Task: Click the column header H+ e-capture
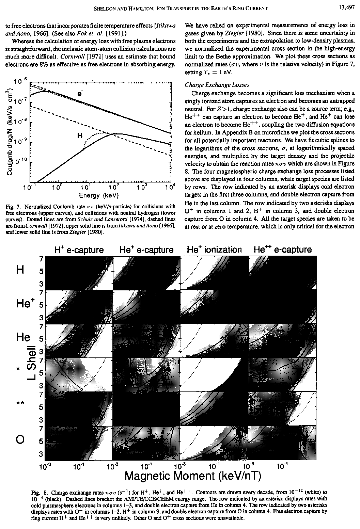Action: click(79, 250)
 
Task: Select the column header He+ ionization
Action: click(214, 250)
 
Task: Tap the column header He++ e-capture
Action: click(282, 250)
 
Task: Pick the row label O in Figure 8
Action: click(20, 440)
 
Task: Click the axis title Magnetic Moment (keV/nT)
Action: click(193, 475)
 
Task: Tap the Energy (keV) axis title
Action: click(98, 195)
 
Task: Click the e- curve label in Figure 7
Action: click(80, 94)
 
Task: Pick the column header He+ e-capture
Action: click(146, 250)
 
